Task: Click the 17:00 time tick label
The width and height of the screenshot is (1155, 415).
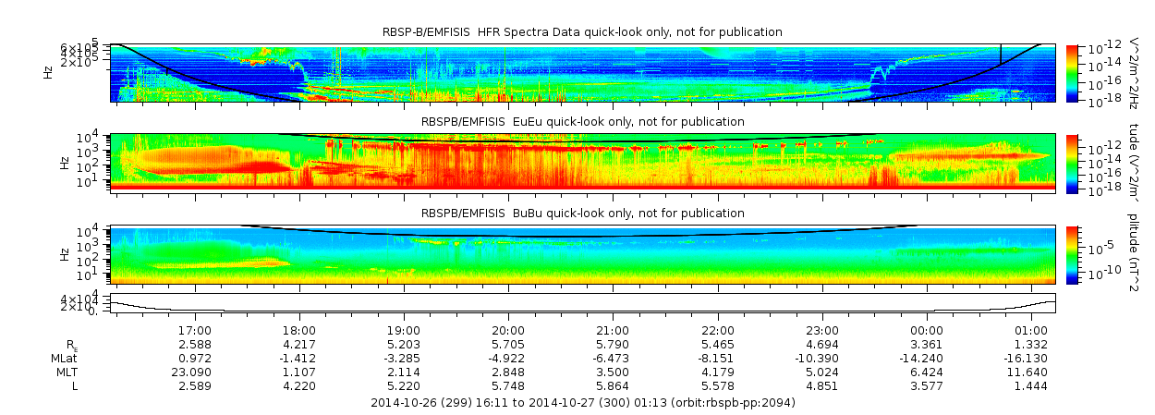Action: coord(195,330)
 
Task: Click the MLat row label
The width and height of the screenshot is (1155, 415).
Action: coord(65,358)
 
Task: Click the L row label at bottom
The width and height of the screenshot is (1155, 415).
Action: coord(75,385)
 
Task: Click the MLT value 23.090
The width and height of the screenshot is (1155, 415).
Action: coord(194,372)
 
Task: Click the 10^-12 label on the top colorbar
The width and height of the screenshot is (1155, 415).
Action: coord(1100,47)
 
